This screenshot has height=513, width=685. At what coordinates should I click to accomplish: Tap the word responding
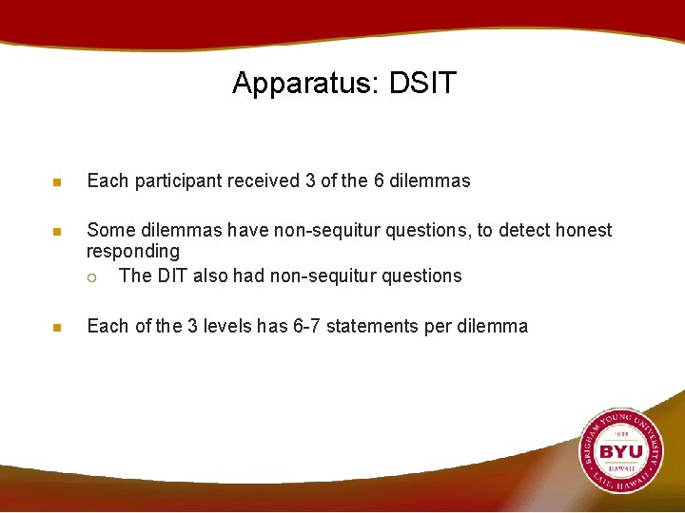pos(133,252)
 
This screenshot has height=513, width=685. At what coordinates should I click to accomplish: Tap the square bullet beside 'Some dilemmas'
pos(56,231)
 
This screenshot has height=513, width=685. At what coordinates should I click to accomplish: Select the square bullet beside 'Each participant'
pos(56,181)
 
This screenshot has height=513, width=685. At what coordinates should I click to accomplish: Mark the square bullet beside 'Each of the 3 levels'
pos(56,328)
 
